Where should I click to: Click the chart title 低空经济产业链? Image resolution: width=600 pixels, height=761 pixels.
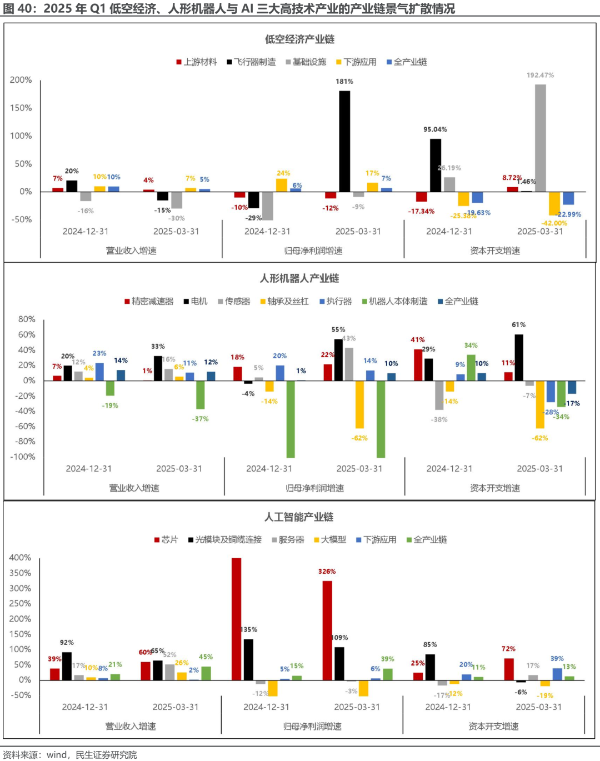(299, 39)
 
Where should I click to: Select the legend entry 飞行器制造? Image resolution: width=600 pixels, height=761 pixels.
(254, 62)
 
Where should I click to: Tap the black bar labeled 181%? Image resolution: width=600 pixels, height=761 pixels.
(344, 142)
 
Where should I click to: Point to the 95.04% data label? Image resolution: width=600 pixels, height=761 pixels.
(435, 129)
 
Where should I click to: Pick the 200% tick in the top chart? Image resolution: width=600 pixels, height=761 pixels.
(21, 80)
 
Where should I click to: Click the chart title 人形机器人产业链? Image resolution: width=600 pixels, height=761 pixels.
(299, 278)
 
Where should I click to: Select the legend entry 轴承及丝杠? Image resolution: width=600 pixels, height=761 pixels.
(287, 301)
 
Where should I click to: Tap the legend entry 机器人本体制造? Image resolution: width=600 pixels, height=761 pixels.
(398, 301)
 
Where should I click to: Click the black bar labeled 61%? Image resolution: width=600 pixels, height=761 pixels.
(519, 357)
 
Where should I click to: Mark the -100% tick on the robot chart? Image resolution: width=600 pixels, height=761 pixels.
(23, 457)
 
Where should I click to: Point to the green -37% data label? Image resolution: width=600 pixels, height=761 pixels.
(201, 419)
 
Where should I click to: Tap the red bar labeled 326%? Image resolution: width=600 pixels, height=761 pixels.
(327, 630)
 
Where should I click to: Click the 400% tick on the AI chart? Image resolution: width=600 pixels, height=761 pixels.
(20, 558)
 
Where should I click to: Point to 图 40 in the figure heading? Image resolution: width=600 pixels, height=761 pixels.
(17, 9)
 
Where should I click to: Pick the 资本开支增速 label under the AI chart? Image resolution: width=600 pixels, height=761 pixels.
(493, 726)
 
